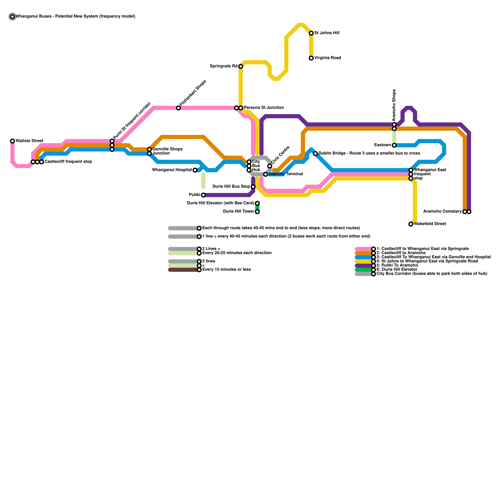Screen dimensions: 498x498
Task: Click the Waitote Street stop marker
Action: (x=12, y=141)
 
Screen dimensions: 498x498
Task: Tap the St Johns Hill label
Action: (x=327, y=33)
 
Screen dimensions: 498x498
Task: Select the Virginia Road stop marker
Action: (x=311, y=58)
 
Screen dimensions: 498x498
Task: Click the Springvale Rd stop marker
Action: (x=241, y=67)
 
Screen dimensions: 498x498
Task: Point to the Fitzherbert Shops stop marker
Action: (x=178, y=108)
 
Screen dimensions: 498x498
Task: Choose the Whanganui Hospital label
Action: (x=172, y=170)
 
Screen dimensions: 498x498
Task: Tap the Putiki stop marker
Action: (x=203, y=195)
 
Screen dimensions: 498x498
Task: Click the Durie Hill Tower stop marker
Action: (x=257, y=212)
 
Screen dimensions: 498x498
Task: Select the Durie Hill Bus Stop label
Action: (x=231, y=186)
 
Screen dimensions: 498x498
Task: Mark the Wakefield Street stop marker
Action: (x=411, y=224)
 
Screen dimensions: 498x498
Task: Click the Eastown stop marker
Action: (x=394, y=145)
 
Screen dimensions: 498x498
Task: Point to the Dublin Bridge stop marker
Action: (x=315, y=154)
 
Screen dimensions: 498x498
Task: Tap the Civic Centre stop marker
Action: (x=270, y=166)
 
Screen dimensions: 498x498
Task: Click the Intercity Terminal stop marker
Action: (x=265, y=174)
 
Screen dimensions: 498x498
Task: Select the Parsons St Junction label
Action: (x=264, y=108)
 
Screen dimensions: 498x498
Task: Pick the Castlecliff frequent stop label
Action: (x=68, y=162)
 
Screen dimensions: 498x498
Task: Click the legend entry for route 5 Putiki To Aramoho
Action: (x=397, y=265)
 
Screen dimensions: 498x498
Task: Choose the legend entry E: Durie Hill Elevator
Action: (x=397, y=270)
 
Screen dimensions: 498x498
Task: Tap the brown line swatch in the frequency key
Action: (x=184, y=270)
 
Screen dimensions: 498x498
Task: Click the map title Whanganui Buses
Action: (x=75, y=16)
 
